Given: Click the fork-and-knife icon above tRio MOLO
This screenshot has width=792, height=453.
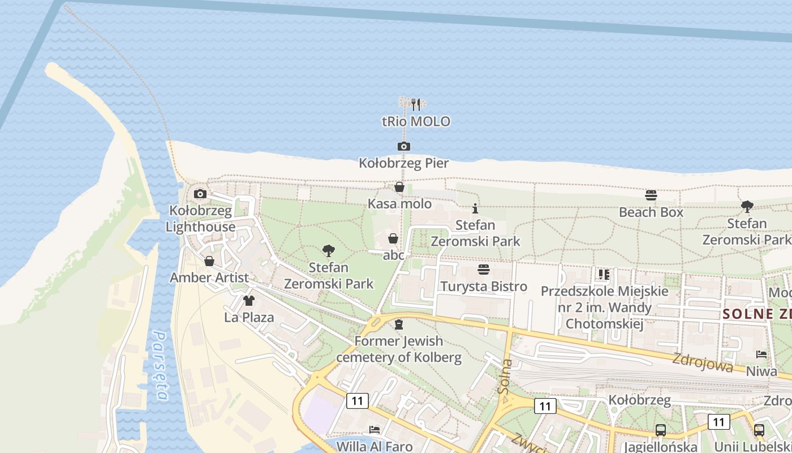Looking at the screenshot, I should (x=416, y=105).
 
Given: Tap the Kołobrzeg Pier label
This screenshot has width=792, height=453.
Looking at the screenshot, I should (x=404, y=164).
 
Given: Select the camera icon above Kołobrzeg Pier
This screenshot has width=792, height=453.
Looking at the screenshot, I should (x=403, y=147).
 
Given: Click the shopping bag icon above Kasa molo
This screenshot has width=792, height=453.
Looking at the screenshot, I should (x=399, y=187).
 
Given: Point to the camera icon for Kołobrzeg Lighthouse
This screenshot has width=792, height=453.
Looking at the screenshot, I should (x=200, y=194).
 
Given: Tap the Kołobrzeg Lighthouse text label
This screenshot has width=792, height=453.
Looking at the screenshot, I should (x=201, y=219).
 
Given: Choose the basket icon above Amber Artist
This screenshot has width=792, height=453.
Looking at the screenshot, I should (x=209, y=261).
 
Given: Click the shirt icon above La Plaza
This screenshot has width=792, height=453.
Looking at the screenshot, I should (x=249, y=300).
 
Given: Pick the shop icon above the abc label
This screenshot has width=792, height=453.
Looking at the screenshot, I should (x=393, y=238).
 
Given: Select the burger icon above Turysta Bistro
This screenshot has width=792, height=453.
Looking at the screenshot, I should (x=484, y=269).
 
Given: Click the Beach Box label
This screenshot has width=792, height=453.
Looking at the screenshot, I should (x=651, y=212).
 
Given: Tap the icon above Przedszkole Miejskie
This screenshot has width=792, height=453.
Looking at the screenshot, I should (x=604, y=275).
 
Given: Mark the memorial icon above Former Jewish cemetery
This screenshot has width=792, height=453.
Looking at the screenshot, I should (x=399, y=324).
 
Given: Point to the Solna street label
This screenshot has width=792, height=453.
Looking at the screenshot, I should (x=505, y=377).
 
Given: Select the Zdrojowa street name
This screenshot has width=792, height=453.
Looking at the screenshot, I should (x=703, y=362).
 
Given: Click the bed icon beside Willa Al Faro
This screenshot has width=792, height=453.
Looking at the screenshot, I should (x=374, y=430).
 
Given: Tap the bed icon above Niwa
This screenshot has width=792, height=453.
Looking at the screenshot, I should (x=761, y=354).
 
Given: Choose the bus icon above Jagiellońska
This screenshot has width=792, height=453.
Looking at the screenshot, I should (x=660, y=430).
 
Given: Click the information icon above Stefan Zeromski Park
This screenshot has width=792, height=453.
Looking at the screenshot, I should (x=475, y=208).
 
